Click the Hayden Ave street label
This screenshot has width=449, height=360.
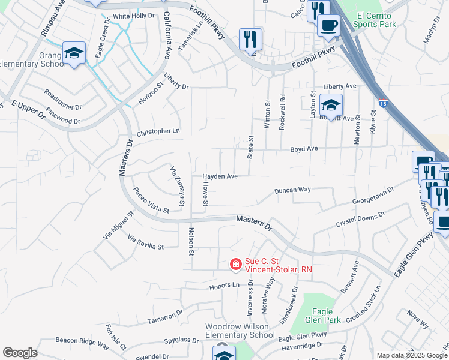220,176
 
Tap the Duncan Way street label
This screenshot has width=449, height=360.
292,190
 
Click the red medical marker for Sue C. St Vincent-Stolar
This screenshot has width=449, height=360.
237,263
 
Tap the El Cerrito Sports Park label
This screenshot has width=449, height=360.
375,19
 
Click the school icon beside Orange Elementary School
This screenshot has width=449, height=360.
74,53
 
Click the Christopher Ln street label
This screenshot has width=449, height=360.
158,131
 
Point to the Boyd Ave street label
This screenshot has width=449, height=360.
304,148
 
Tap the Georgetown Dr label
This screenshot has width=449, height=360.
373,197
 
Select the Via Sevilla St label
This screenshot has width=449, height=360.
146,242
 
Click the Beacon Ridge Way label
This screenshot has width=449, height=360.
82,343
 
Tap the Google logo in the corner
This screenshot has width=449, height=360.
20,353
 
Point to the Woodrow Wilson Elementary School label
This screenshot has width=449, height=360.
240,331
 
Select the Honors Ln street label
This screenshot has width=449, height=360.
224,286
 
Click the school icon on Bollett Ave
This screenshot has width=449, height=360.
331,105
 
